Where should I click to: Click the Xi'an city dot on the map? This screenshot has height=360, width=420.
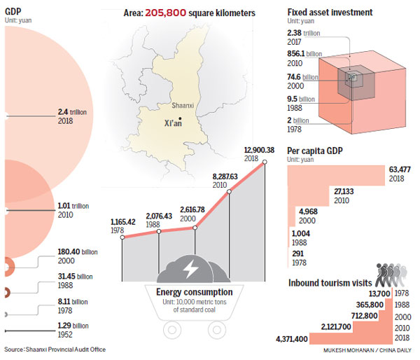[181, 118]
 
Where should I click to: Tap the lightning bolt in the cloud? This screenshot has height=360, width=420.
[190, 268]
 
